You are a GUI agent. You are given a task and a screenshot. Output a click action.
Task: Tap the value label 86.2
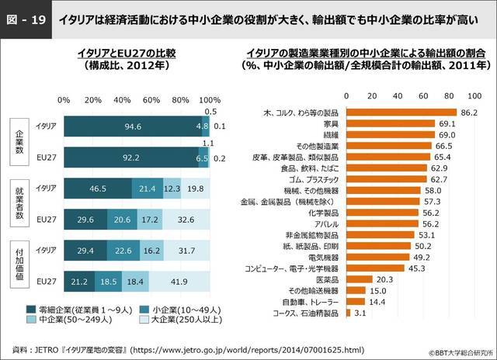(468, 112)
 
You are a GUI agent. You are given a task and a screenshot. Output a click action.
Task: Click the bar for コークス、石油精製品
(349, 313)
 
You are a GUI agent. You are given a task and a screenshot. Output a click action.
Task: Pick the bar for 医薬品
(360, 279)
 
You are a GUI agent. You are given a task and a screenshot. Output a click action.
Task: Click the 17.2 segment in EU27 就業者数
(150, 219)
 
